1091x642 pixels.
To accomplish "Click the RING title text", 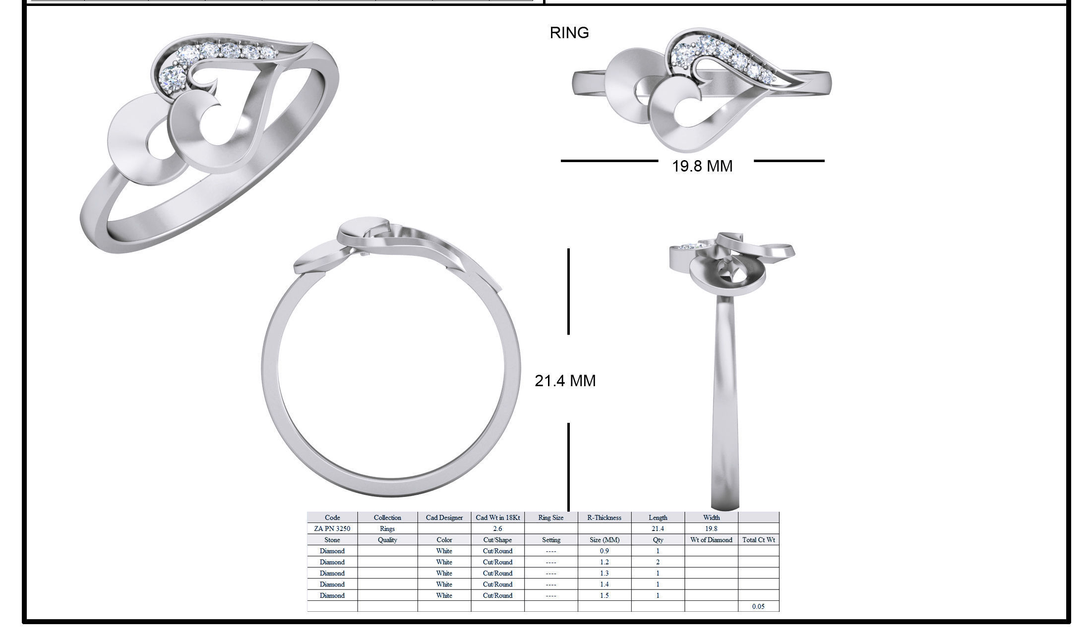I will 569,33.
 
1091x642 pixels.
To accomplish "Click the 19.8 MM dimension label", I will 702,166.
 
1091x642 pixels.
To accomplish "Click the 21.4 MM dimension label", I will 565,381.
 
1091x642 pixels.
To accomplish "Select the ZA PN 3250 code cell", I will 332,528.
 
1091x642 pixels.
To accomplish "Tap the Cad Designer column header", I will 444,518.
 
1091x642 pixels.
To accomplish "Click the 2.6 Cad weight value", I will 497,528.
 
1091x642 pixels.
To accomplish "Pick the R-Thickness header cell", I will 604,518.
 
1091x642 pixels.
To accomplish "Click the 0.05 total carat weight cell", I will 758,606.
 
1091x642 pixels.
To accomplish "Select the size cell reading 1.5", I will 604,595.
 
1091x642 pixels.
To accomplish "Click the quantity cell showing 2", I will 658,562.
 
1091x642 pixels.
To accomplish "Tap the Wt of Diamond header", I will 711,540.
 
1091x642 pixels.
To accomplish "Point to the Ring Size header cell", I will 550,518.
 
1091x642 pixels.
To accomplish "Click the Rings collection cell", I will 387,528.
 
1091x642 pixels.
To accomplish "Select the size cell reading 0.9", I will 604,551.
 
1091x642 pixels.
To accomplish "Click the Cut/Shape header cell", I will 497,540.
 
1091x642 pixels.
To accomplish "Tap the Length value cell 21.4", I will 658,528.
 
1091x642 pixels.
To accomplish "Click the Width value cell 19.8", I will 711,528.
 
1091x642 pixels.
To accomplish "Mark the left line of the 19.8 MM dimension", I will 609,161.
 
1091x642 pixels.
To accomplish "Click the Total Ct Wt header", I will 758,540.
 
